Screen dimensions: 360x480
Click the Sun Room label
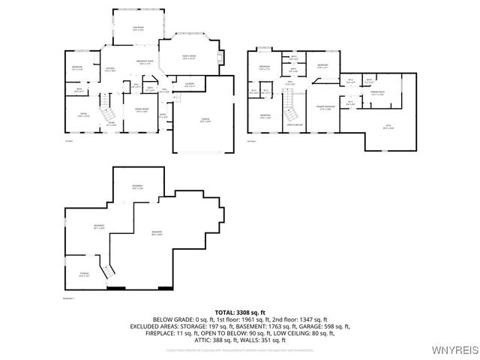[x=139, y=28]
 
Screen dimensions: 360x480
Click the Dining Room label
[x=140, y=110]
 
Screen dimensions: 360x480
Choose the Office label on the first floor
[x=84, y=114]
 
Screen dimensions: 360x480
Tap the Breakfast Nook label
[x=145, y=62]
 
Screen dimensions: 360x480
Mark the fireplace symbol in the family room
[x=220, y=58]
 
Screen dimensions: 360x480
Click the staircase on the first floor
[x=106, y=101]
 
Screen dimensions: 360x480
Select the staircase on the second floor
[x=289, y=115]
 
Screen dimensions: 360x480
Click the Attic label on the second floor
[x=388, y=127]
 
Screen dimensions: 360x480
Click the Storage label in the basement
[x=84, y=274]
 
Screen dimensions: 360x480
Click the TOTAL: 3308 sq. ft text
[x=239, y=311]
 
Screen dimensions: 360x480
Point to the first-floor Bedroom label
[x=77, y=68]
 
